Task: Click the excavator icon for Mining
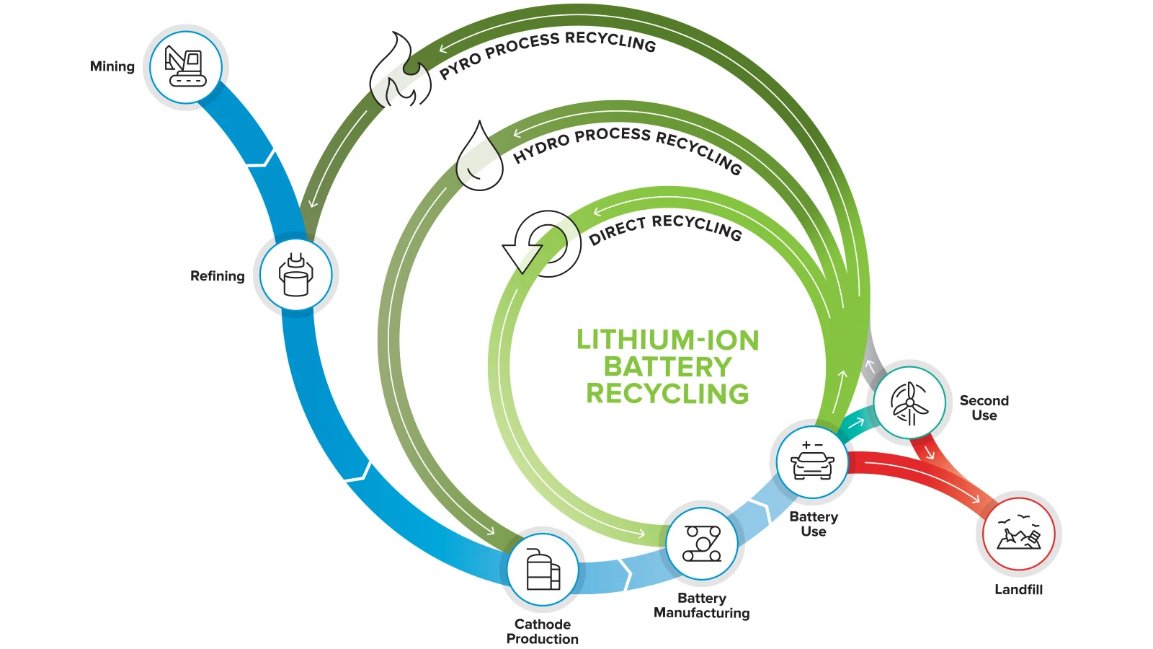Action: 185,67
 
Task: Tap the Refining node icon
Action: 295,275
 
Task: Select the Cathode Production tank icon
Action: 543,569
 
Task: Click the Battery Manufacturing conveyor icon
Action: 702,544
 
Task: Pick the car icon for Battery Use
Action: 812,462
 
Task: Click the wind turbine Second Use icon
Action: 909,403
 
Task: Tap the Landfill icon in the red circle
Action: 1019,533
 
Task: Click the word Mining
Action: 112,66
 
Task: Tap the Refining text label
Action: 217,276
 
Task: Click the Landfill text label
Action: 1019,589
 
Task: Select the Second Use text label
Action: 984,407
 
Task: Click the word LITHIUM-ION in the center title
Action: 667,340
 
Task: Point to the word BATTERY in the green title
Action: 667,367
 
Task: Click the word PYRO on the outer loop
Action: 460,66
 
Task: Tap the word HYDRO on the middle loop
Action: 541,149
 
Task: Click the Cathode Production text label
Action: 543,631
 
